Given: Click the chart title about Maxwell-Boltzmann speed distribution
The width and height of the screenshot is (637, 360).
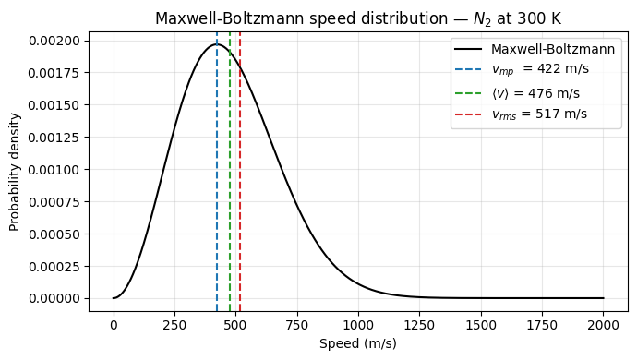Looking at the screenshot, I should coord(358,18).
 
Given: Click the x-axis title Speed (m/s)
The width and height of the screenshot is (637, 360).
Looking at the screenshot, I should coord(358,343).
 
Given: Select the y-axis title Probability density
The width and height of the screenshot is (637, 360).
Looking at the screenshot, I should coord(15,172).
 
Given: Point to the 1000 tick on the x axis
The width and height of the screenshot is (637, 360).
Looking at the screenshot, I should coord(358,325).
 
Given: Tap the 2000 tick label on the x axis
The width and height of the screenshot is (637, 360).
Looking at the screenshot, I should coord(604,325).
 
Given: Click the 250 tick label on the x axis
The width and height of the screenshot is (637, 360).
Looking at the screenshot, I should coord(174,325).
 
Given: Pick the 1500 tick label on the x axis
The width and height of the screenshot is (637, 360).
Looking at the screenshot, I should coord(481,325).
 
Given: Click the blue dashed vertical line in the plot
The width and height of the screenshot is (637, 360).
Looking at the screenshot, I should coord(217,185).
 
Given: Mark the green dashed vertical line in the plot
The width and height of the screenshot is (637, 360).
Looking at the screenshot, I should coord(230,185).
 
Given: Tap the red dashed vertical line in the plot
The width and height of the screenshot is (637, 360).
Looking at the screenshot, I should coord(240,185).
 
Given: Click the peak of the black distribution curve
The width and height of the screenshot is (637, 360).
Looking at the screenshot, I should coord(217,44).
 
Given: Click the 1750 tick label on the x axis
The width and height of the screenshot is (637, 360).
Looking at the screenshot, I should coord(543,325).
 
